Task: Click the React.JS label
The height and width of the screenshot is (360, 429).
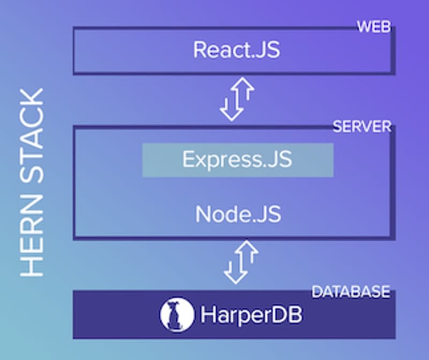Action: click(236, 50)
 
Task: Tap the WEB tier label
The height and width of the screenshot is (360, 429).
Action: click(374, 26)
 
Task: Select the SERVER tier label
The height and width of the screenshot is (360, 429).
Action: click(362, 127)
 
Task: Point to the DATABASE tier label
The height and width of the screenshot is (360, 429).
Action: click(351, 292)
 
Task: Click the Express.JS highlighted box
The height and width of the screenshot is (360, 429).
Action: click(238, 160)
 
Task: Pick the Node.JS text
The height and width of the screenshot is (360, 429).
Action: click(238, 214)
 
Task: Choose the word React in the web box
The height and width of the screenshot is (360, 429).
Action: click(218, 50)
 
